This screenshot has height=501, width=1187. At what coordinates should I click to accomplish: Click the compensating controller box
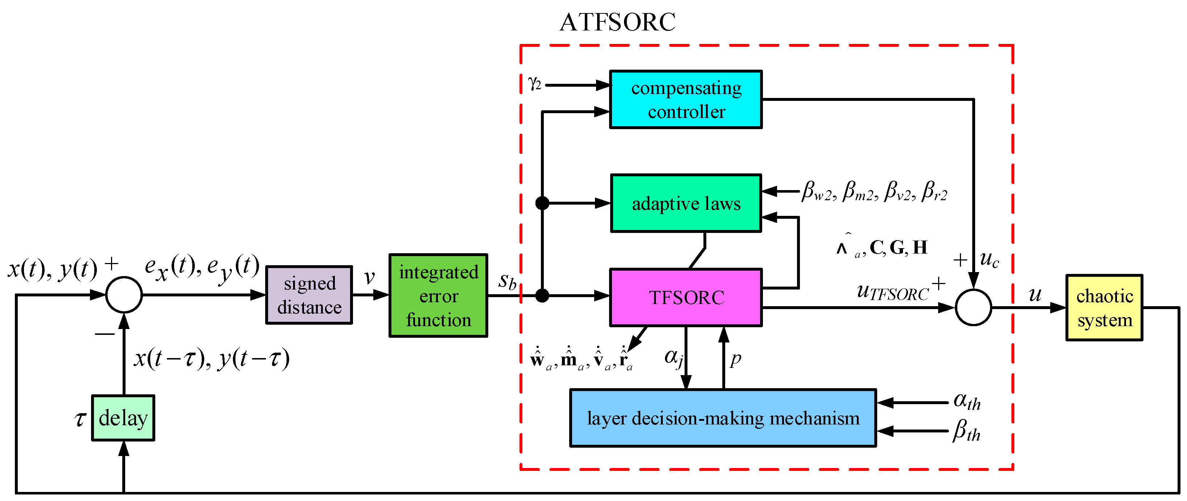pos(685,99)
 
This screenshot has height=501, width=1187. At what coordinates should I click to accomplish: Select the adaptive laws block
pos(686,203)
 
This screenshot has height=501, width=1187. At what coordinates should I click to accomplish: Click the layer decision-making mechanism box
pos(723,418)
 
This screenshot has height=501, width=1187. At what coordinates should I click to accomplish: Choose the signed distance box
pos(309,295)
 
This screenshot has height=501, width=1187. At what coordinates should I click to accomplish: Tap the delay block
pos(123,418)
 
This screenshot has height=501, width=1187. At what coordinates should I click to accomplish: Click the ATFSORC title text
pos(617,22)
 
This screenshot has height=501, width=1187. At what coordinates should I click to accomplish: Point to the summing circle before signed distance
pos(124,295)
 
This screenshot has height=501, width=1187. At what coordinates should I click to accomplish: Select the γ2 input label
pos(534,83)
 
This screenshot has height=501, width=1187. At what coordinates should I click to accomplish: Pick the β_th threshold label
pos(966,431)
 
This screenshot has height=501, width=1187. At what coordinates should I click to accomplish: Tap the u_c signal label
pos(989,259)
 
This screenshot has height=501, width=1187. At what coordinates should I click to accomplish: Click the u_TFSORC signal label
pos(892,292)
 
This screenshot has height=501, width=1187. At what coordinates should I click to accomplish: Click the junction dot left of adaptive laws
pos(542,203)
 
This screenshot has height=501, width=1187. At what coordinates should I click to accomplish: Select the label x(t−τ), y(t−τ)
pos(211,358)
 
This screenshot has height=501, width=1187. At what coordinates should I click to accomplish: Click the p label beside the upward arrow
pos(736,358)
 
